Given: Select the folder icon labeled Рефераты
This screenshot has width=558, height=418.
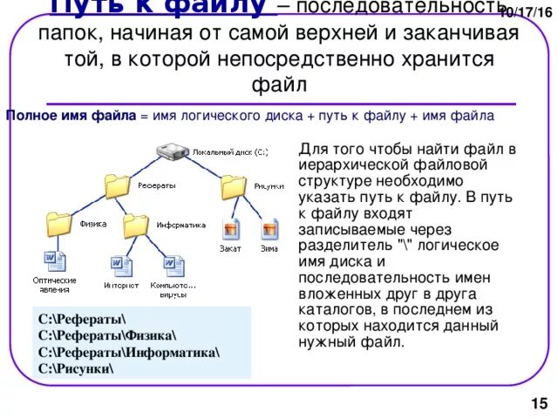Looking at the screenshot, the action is [x=117, y=185].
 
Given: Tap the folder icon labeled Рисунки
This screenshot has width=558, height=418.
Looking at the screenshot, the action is [x=234, y=185].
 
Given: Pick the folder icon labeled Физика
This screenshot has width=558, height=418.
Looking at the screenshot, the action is [x=59, y=223].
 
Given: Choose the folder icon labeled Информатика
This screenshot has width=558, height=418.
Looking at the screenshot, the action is [x=136, y=224].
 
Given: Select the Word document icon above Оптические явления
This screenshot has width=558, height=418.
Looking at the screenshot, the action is [x=53, y=261].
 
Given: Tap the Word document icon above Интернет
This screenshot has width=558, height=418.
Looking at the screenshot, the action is [x=121, y=264].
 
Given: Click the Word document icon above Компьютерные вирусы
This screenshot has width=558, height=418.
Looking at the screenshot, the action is [x=174, y=264].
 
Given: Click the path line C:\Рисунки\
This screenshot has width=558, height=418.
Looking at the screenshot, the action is [x=76, y=367].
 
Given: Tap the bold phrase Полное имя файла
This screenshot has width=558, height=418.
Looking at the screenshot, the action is [x=71, y=115].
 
